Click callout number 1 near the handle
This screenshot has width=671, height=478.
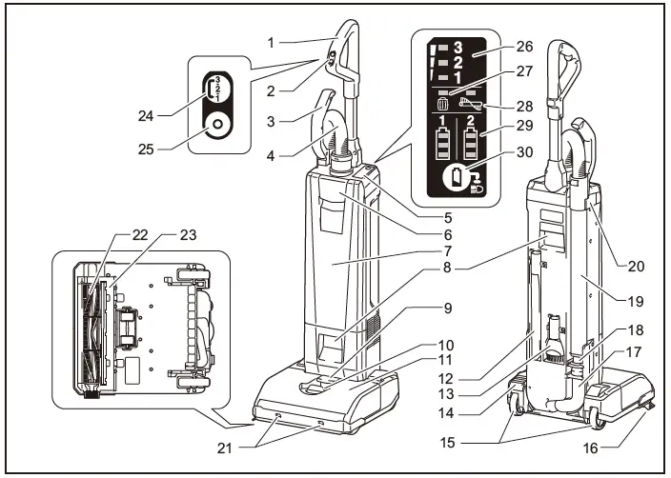point(271,42)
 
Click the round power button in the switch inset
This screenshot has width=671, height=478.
point(217,125)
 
